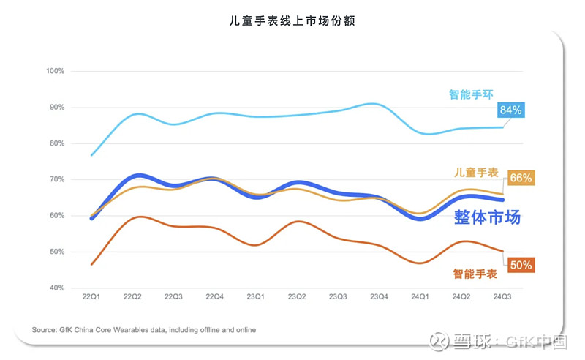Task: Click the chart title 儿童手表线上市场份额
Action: click(292, 21)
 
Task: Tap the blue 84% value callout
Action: click(510, 110)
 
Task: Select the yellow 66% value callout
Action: click(520, 178)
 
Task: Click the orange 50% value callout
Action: click(520, 266)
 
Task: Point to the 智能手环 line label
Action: click(469, 94)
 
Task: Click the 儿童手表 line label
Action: click(476, 173)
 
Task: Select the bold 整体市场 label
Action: click(487, 217)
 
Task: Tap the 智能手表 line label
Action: click(475, 274)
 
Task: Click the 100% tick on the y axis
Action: click(56, 72)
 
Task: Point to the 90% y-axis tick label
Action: click(57, 108)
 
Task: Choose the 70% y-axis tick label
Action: click(57, 180)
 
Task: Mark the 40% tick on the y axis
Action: click(57, 288)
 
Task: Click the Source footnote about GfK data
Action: click(144, 330)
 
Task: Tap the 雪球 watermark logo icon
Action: click(437, 342)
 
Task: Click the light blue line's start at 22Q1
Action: click(91, 155)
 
